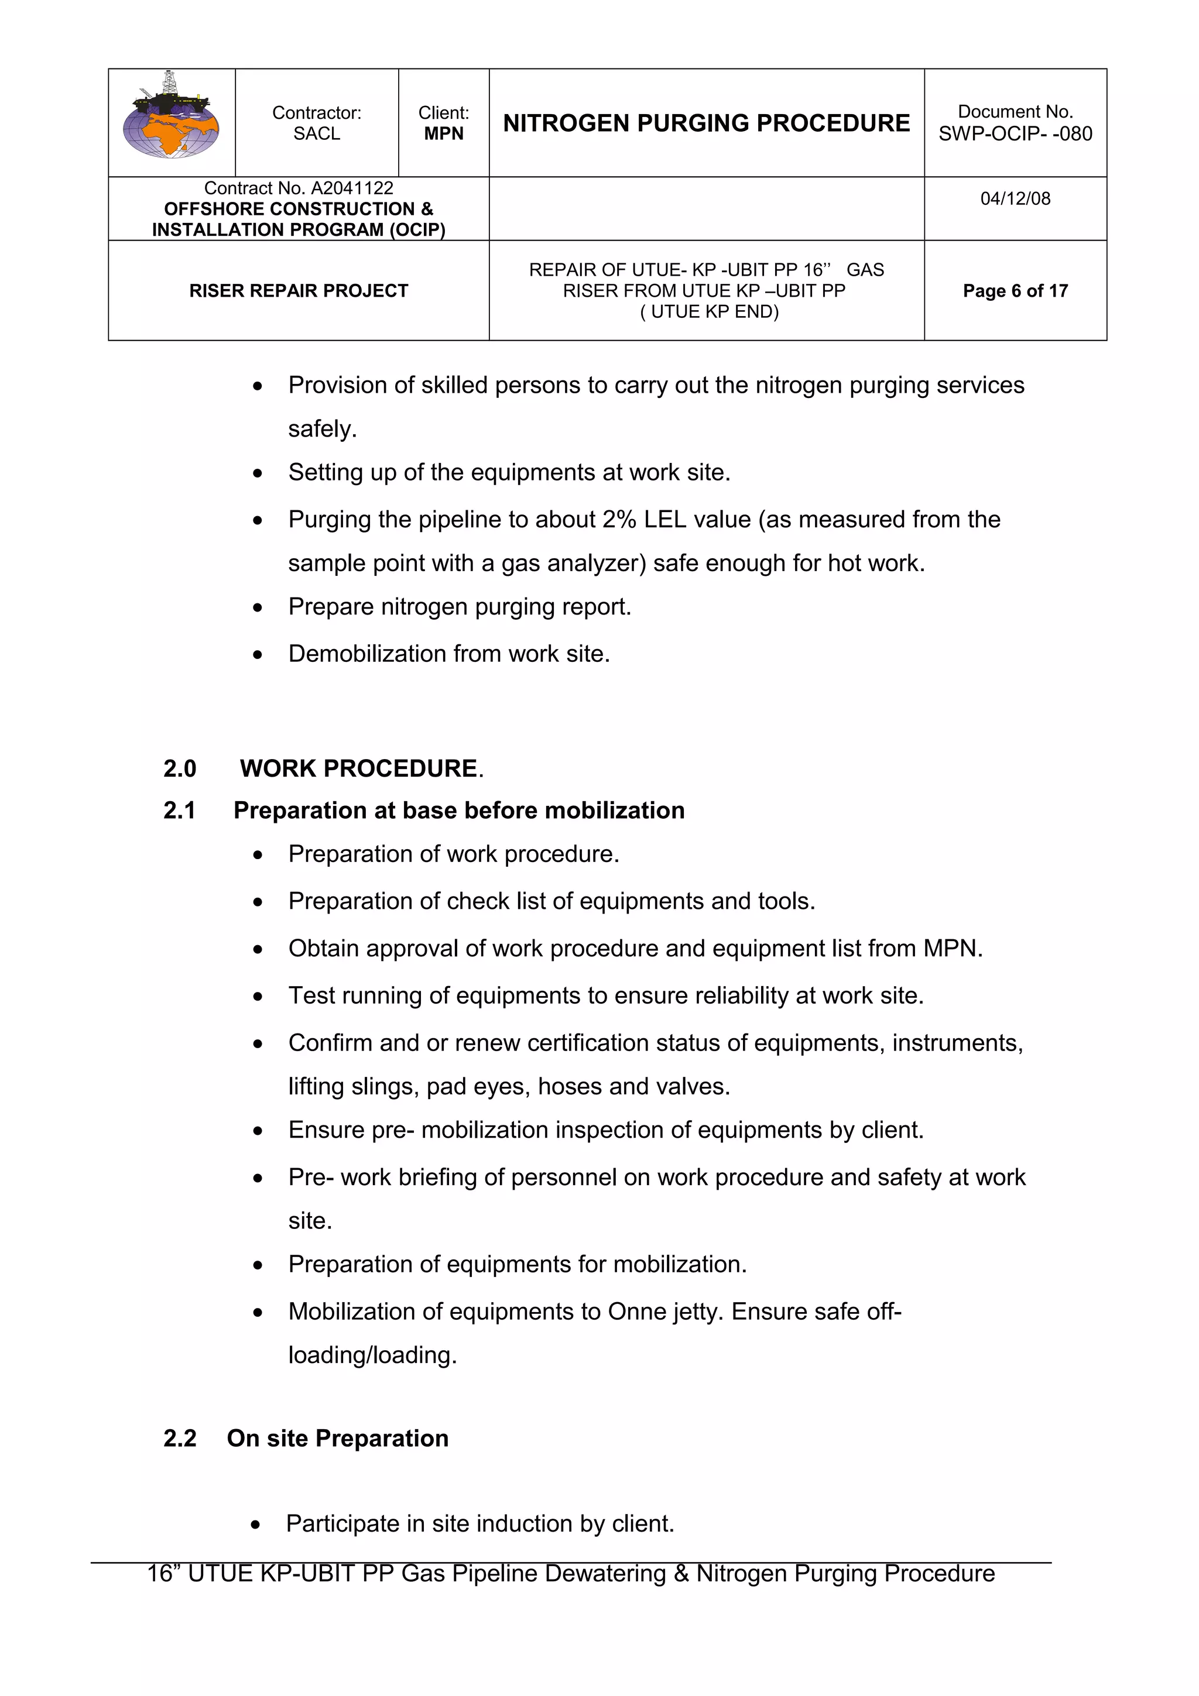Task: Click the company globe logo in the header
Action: pyautogui.click(x=172, y=118)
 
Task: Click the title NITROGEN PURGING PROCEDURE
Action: pyautogui.click(x=706, y=123)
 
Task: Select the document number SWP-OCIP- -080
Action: pyautogui.click(x=1015, y=133)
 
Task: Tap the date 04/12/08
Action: pyautogui.click(x=1015, y=199)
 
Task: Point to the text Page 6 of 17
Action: pyautogui.click(x=1015, y=291)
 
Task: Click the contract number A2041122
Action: pyautogui.click(x=352, y=188)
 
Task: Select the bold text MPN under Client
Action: pyautogui.click(x=443, y=133)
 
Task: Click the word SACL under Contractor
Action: pyautogui.click(x=316, y=133)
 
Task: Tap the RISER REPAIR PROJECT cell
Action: pyautogui.click(x=299, y=291)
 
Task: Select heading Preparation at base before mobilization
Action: pyautogui.click(x=459, y=811)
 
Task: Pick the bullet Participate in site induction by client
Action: pyautogui.click(x=479, y=1524)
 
